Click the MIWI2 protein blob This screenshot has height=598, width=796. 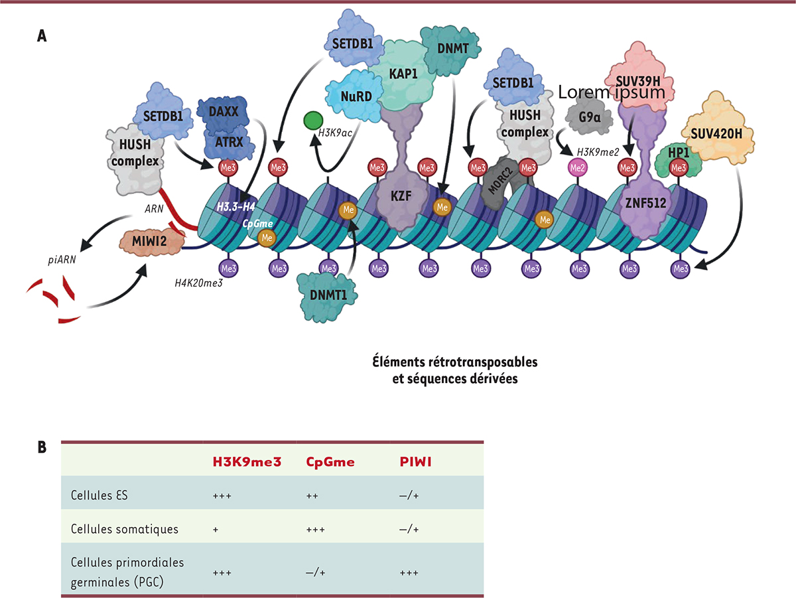coord(153,243)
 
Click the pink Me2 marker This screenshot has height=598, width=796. coord(578,168)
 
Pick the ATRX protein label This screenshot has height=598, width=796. coord(226,141)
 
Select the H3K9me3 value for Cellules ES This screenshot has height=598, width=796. coord(221,495)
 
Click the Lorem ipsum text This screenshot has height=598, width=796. coord(611,92)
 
